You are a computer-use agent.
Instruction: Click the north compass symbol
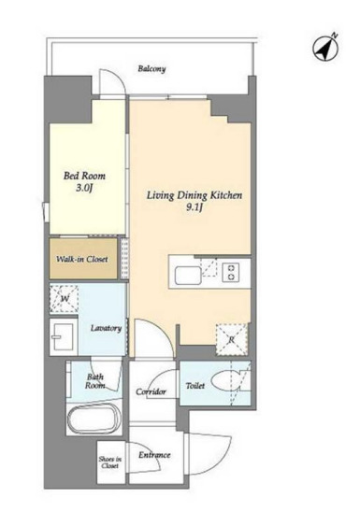[326, 48]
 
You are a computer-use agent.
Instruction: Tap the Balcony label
[151, 69]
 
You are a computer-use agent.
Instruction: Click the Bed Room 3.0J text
[84, 181]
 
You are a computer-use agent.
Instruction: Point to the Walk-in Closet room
[83, 259]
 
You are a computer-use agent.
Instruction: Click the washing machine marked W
[64, 299]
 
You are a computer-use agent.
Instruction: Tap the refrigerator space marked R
[232, 339]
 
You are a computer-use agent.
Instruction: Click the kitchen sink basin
[188, 276]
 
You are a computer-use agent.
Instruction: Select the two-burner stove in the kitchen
[231, 272]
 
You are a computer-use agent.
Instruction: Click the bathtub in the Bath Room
[94, 419]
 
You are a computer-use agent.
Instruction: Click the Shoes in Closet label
[110, 462]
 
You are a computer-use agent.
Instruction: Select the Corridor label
[151, 391]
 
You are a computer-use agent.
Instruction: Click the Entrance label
[154, 455]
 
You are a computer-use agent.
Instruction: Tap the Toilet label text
[195, 386]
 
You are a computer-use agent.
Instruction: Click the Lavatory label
[106, 328]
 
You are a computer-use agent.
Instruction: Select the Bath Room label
[95, 381]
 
